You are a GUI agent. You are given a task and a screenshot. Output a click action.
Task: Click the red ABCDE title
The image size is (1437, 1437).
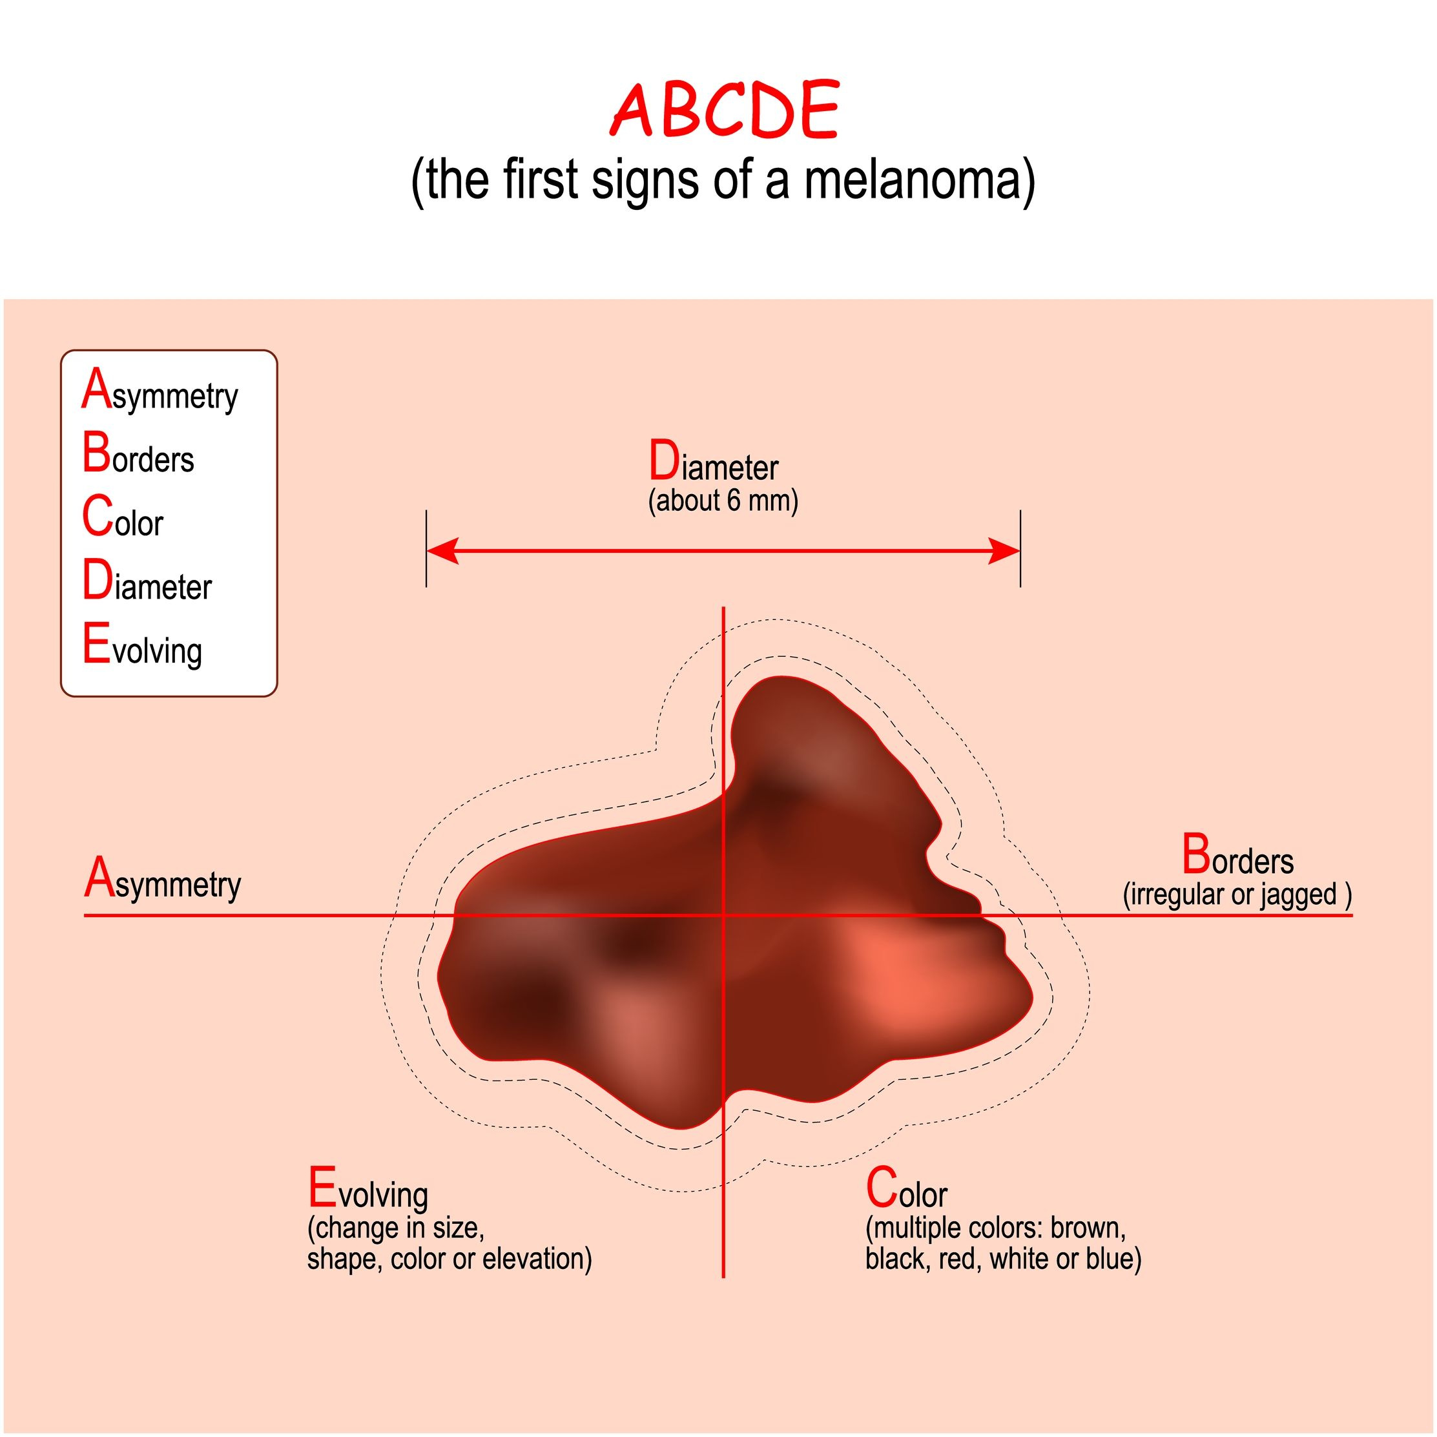725,109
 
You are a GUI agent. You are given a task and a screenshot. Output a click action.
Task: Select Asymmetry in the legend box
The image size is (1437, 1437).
160,391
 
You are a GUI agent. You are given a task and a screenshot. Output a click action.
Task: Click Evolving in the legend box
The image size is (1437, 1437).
142,646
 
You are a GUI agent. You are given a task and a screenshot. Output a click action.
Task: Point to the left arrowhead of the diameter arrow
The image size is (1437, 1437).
442,551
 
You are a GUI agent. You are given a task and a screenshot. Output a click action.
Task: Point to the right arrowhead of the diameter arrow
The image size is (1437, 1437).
1004,551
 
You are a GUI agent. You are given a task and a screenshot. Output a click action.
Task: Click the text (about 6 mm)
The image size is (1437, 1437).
723,501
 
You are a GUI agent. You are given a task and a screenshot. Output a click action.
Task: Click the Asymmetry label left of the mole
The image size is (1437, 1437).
163,880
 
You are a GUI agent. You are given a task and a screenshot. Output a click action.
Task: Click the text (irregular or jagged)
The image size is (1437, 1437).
1237,894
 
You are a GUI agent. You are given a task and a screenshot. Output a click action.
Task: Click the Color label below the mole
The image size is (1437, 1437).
906,1188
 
